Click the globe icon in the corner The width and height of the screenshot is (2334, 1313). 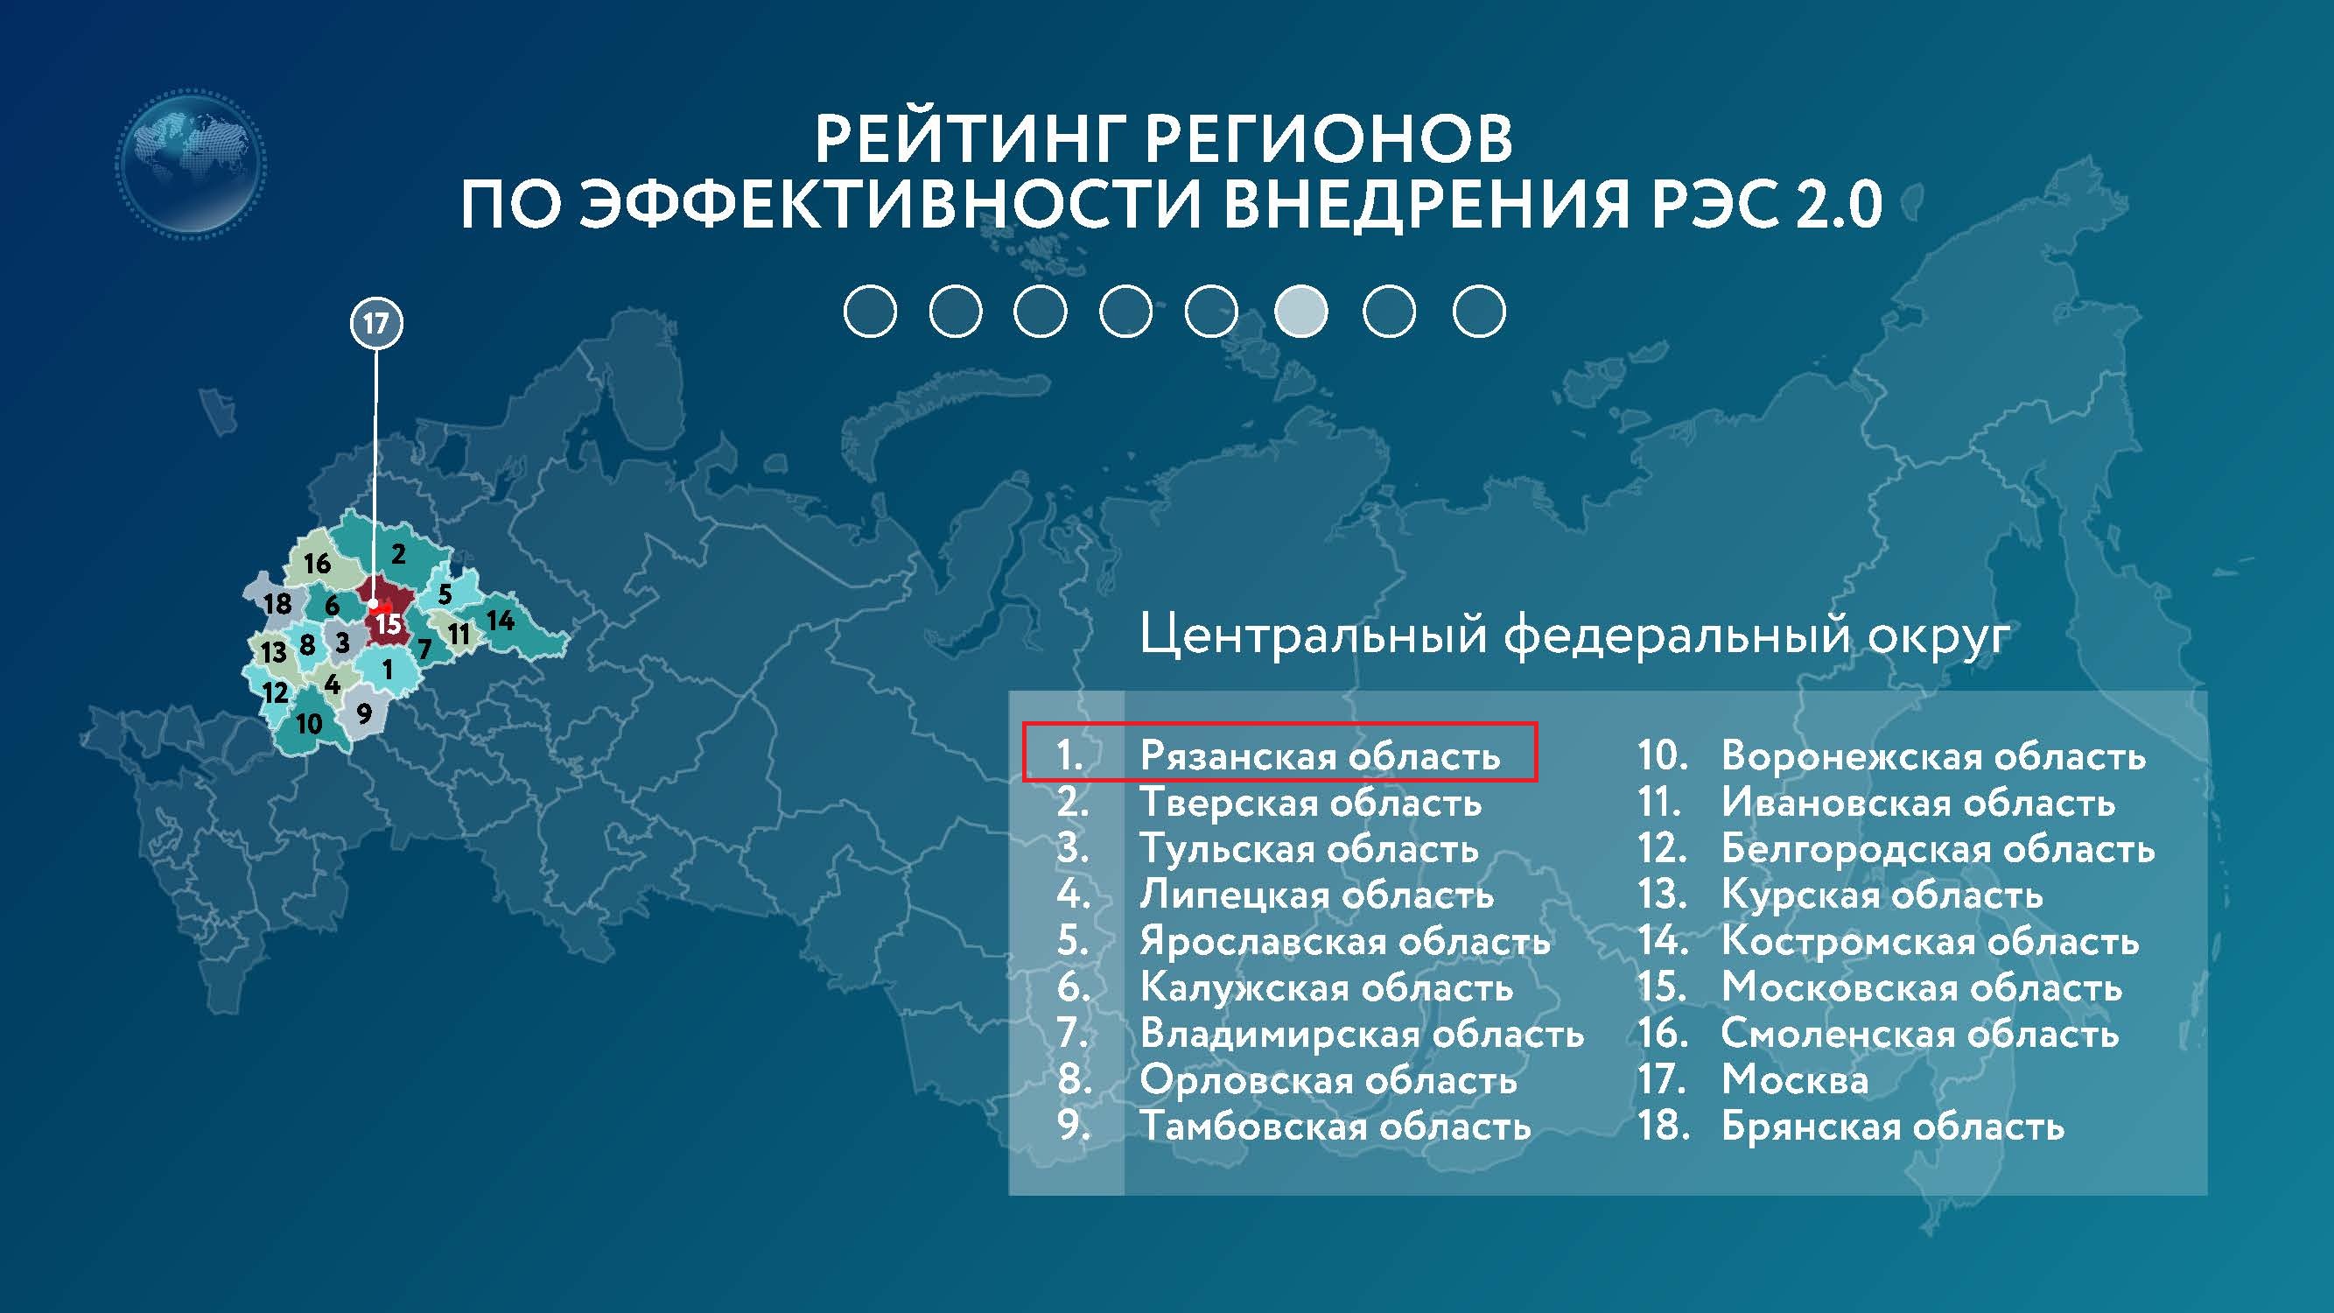coord(191,163)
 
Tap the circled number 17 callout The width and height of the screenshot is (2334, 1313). coord(376,324)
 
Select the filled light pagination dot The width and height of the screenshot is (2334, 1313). coord(1301,311)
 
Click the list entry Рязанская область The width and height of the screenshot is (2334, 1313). coord(1319,755)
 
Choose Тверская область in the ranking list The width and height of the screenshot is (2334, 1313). coord(1310,802)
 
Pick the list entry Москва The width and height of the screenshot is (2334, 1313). coord(1794,1079)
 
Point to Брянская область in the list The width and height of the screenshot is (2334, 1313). coord(1892,1127)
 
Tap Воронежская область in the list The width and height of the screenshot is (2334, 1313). coord(1932,755)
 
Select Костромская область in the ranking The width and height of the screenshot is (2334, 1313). coord(1930,941)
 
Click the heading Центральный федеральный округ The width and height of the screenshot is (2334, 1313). coord(1574,635)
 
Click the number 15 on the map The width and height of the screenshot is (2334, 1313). coord(388,624)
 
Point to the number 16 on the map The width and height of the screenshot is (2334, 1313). coord(317,564)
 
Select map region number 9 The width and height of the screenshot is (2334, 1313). coord(364,713)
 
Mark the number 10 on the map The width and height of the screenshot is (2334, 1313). coord(309,724)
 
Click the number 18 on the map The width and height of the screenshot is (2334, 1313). coord(277,603)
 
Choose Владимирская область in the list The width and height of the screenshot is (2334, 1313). coord(1362,1033)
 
